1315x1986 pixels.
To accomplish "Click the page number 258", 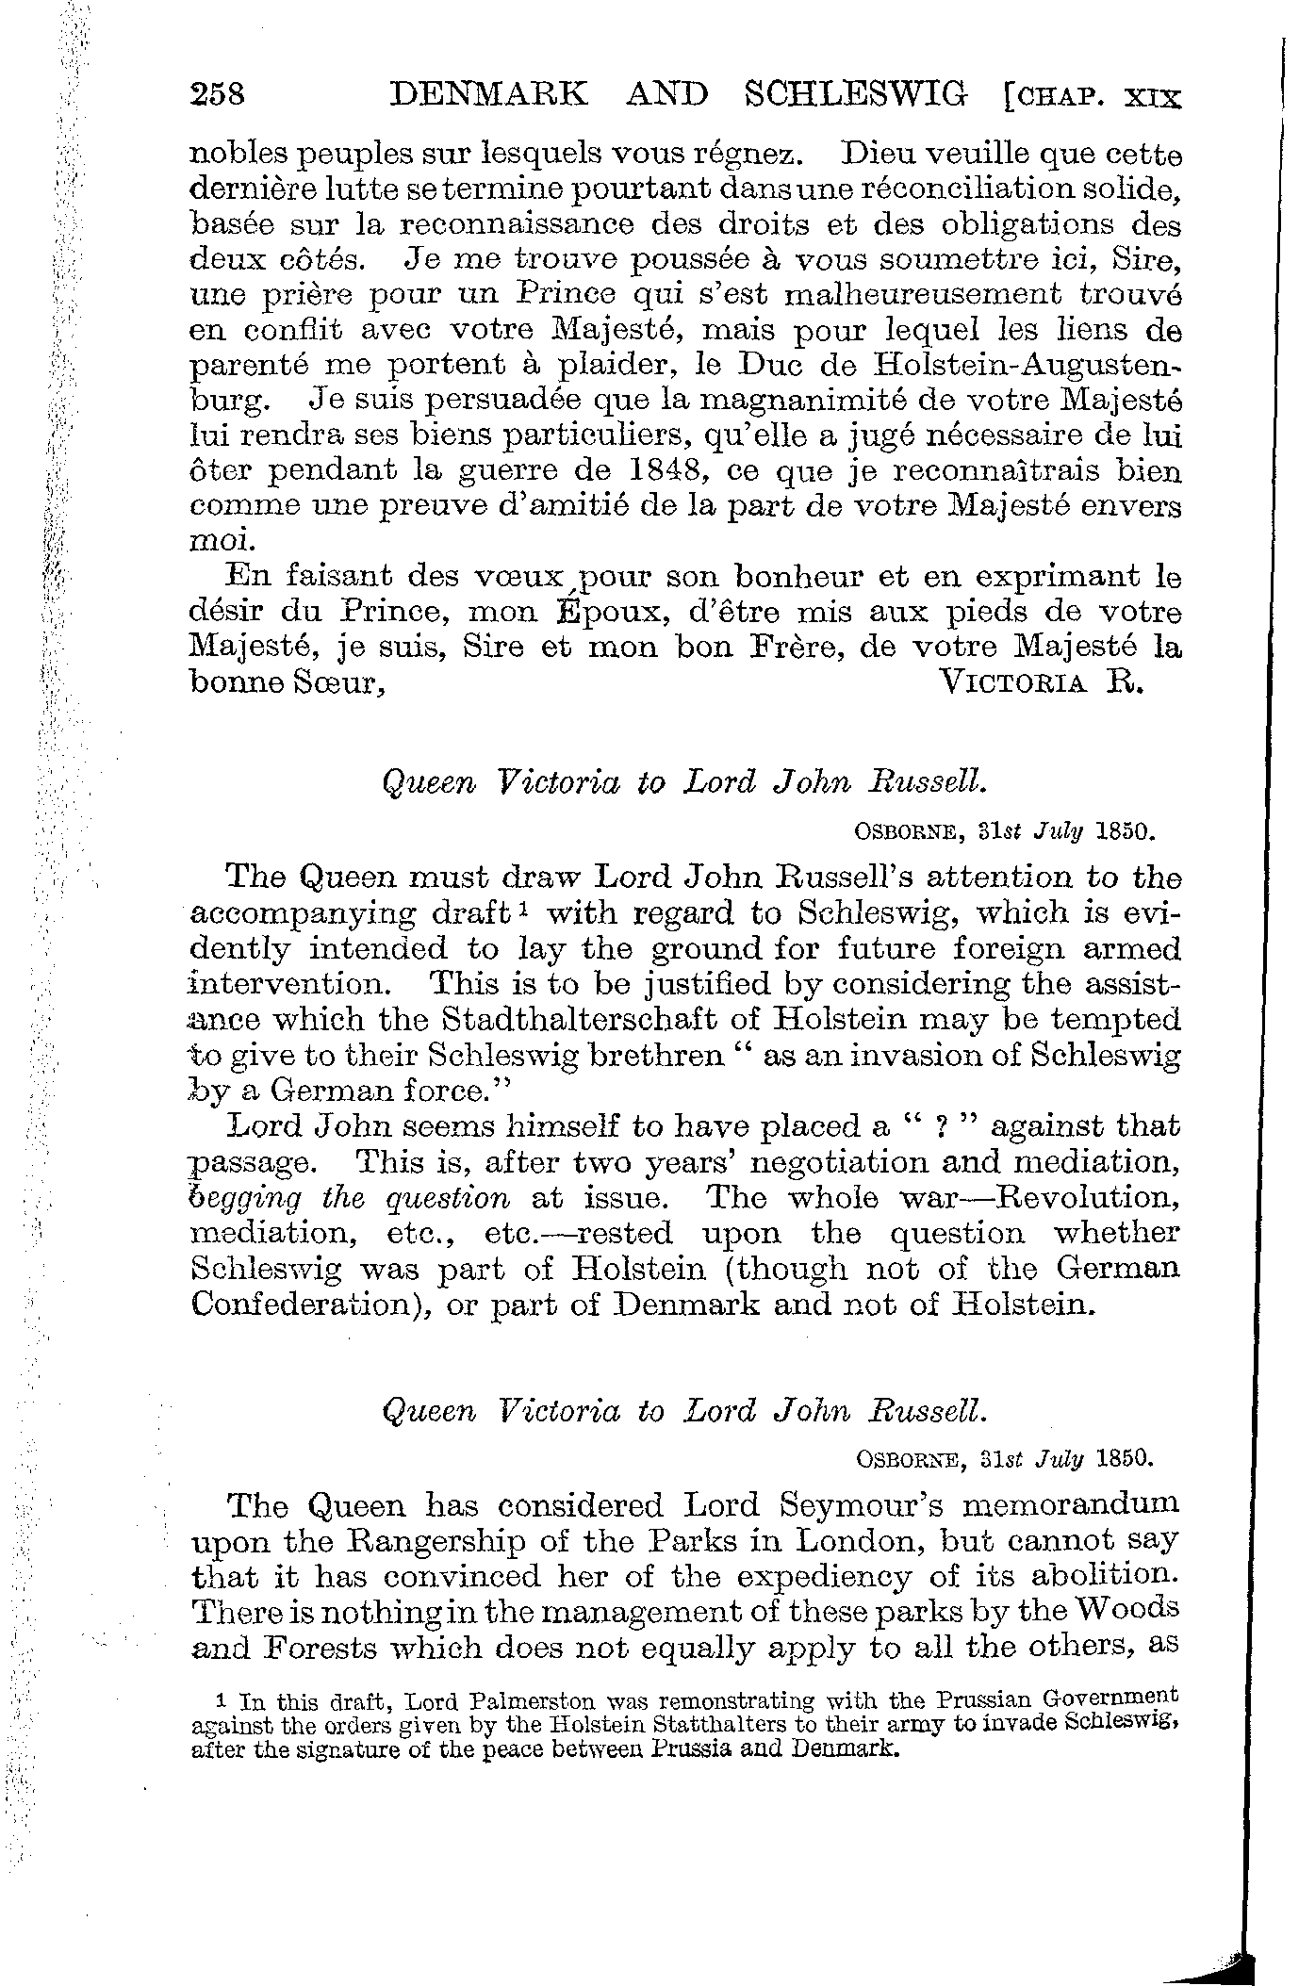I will [x=217, y=96].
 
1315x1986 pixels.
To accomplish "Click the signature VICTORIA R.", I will [x=1041, y=682].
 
